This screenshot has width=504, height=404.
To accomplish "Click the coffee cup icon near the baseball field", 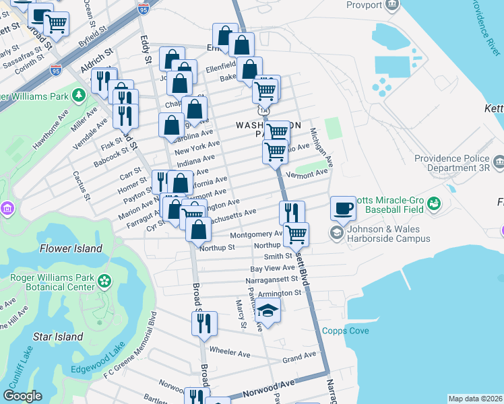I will point(343,208).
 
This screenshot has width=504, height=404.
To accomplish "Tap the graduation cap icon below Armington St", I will point(268,311).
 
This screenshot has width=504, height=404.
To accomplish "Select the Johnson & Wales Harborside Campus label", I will point(389,233).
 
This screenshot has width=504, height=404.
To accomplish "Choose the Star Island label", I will point(58,337).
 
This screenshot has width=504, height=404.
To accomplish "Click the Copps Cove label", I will point(345,330).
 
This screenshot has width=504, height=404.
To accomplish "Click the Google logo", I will point(23,395).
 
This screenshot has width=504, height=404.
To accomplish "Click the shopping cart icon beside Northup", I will point(296,234).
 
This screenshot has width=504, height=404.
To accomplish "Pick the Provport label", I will point(364,5).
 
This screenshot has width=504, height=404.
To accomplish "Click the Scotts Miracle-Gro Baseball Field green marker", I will point(434,202).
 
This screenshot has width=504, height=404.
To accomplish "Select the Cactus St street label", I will point(86,185).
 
